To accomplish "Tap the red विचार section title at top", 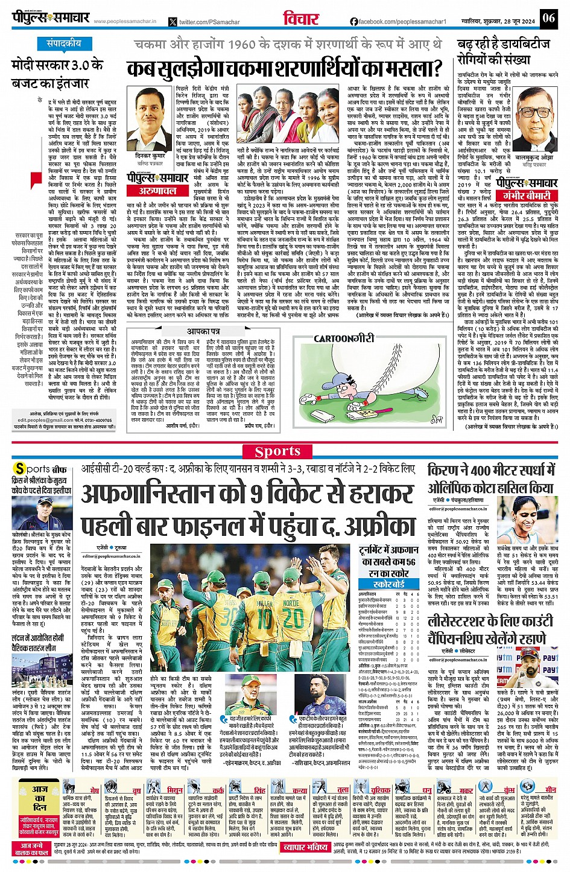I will tap(302, 19).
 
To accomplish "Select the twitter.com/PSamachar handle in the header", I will tap(209, 22).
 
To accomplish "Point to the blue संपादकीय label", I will tap(64, 43).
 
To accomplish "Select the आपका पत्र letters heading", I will tap(205, 331).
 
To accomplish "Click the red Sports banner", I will tap(277, 451).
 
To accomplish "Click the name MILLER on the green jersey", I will tap(264, 603).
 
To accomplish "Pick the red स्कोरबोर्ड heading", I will tap(388, 584).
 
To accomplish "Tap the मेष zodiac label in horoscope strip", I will tap(95, 790).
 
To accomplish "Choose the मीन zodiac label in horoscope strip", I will tap(550, 789).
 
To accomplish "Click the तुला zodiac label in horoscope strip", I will tap(343, 789).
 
